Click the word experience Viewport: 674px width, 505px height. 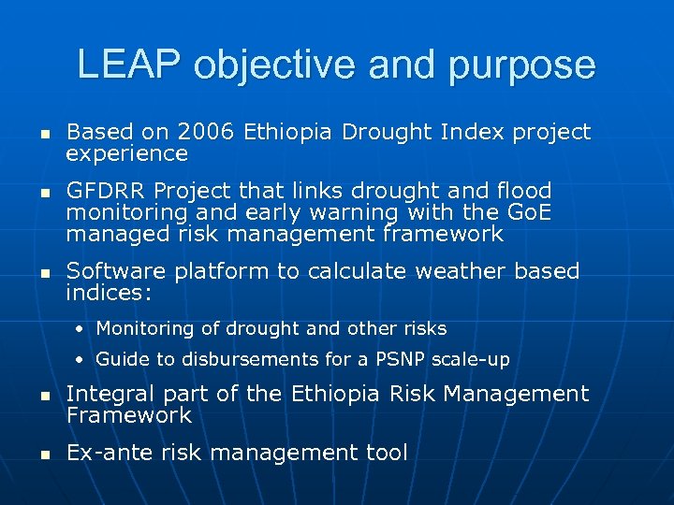pos(127,153)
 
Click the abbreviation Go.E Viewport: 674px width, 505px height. pos(525,212)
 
